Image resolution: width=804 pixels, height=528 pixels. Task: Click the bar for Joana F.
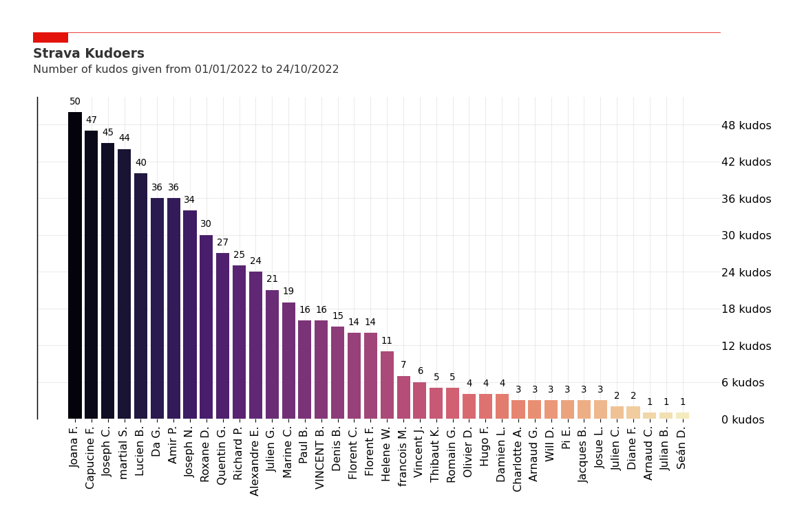(x=75, y=265)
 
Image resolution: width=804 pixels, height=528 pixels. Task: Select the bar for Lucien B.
(x=140, y=296)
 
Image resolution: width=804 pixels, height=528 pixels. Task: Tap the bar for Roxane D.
(x=207, y=327)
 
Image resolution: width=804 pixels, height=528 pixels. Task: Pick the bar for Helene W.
(x=387, y=385)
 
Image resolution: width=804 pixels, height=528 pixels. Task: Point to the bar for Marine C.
(x=288, y=361)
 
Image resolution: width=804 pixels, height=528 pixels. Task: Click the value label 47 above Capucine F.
(x=92, y=120)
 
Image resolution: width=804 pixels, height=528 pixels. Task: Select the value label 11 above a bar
(x=387, y=341)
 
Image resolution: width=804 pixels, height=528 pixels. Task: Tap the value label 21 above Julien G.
(x=272, y=279)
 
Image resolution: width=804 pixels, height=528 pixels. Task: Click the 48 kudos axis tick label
(x=746, y=125)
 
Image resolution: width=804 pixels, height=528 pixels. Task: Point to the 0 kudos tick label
(x=743, y=419)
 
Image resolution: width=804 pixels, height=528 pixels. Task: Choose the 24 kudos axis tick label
(x=746, y=272)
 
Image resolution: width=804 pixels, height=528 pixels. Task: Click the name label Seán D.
(x=682, y=448)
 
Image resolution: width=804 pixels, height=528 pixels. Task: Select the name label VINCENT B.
(x=321, y=457)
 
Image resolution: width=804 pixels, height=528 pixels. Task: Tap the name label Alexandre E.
(x=255, y=461)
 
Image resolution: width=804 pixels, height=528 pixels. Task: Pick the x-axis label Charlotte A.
(x=518, y=459)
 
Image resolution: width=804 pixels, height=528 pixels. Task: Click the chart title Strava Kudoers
(x=89, y=54)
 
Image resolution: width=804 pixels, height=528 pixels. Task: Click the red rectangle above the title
(x=50, y=37)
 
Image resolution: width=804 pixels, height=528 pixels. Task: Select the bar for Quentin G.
(x=223, y=336)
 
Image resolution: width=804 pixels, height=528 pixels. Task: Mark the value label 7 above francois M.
(x=403, y=365)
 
